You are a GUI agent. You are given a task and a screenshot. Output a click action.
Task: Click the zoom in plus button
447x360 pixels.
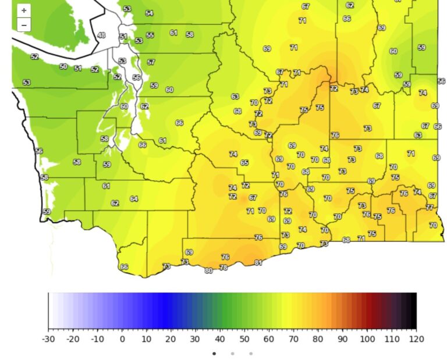click(x=24, y=10)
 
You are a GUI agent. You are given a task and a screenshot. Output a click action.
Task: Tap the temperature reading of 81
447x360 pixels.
click(x=258, y=263)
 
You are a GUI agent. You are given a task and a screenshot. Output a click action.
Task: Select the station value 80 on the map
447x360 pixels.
click(x=208, y=270)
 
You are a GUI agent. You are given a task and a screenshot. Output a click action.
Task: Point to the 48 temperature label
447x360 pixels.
click(x=101, y=35)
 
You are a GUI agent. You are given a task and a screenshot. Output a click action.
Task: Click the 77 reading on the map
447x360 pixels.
click(x=430, y=207)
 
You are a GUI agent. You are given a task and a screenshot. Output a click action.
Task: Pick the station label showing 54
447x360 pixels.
click(x=149, y=13)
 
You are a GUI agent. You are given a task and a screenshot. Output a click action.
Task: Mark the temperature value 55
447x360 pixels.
click(x=150, y=35)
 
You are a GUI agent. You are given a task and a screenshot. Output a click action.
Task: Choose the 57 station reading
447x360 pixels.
click(x=151, y=62)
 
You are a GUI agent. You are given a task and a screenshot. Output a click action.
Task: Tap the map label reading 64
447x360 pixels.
click(x=134, y=199)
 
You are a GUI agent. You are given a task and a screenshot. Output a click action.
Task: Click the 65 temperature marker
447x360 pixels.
click(x=244, y=163)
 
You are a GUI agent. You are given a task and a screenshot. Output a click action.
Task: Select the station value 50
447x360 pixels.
click(x=63, y=67)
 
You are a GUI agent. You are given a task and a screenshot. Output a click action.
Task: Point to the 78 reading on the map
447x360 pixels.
click(x=223, y=268)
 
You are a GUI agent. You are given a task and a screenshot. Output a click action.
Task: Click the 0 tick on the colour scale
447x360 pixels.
click(x=122, y=339)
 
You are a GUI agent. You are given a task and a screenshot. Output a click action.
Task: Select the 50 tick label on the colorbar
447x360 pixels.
click(x=244, y=339)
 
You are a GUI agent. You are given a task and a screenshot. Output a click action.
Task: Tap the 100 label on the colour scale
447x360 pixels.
click(x=367, y=339)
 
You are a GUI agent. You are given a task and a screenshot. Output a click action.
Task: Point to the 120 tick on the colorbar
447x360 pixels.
click(x=416, y=339)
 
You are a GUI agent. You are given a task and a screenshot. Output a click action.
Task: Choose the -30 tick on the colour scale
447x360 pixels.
click(x=48, y=339)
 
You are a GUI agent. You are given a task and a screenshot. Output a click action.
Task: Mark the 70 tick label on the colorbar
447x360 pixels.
click(x=293, y=339)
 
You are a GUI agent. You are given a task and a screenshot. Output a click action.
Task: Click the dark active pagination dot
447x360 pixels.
click(x=214, y=353)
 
